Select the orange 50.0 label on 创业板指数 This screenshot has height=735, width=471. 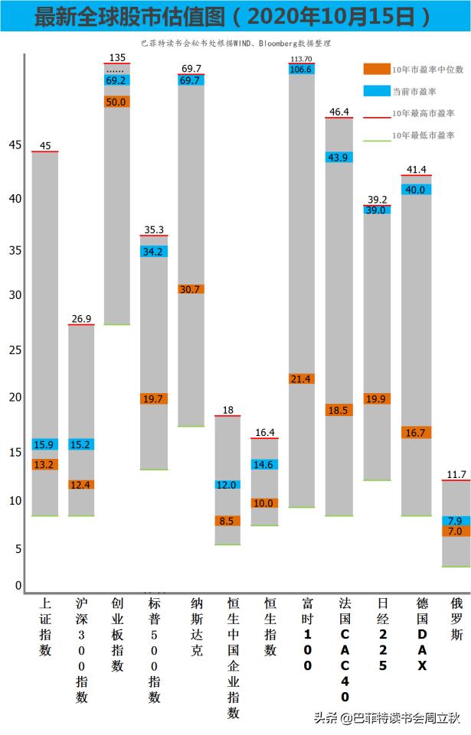click(x=117, y=101)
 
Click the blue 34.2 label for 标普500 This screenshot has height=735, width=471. click(x=154, y=252)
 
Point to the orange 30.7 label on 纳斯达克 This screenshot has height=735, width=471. click(x=191, y=289)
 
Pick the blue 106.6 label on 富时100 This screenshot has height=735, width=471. click(x=302, y=70)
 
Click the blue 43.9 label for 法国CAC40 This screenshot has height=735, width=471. click(x=339, y=158)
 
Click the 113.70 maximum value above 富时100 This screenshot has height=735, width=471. click(x=302, y=59)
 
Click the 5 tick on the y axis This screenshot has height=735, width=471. click(x=18, y=549)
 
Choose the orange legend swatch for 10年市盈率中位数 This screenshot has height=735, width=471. click(x=376, y=69)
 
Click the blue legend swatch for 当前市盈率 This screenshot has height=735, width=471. click(x=376, y=91)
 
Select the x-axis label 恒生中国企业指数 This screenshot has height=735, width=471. click(x=234, y=658)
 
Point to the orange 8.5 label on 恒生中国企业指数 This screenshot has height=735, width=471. click(x=227, y=521)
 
